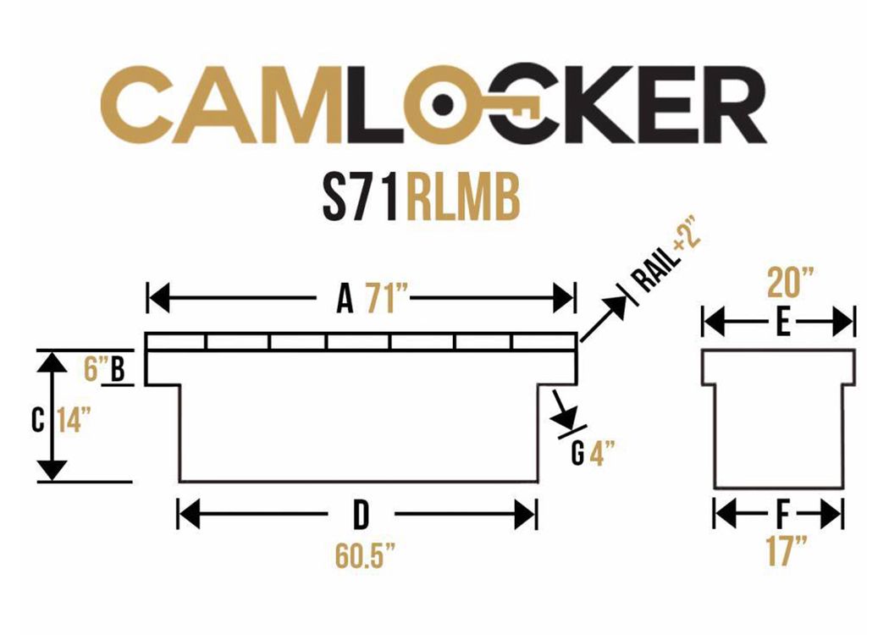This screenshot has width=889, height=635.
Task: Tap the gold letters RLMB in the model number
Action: tap(462, 198)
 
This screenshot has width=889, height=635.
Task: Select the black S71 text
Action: tap(360, 198)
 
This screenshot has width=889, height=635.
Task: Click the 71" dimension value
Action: tap(388, 299)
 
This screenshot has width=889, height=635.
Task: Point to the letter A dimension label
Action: tap(345, 299)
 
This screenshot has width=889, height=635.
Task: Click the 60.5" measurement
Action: tap(365, 556)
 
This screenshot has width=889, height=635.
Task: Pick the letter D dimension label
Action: tap(361, 516)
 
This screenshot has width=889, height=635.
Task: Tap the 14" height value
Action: tap(74, 420)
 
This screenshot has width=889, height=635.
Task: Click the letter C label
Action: tap(38, 420)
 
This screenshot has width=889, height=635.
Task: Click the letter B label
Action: tap(118, 369)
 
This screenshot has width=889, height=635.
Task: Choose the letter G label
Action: tap(577, 454)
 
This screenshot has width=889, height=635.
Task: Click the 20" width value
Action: tap(790, 283)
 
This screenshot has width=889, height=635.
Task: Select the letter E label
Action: tap(783, 323)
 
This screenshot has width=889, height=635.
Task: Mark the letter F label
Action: tap(783, 516)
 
